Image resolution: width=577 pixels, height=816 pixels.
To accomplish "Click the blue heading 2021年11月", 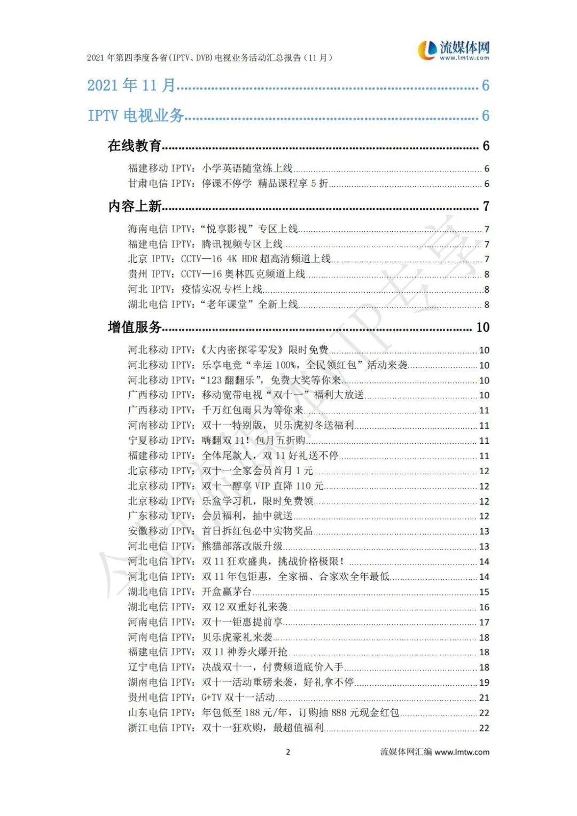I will point(131,85).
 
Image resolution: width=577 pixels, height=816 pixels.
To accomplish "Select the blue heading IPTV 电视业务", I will point(136,115).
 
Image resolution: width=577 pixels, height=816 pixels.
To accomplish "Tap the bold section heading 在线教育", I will point(134,146).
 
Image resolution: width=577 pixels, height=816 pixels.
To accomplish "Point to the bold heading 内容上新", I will point(135,206).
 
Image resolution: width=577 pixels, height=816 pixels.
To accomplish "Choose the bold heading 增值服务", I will point(135,327).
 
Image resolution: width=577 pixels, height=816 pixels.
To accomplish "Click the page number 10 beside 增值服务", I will point(483,327).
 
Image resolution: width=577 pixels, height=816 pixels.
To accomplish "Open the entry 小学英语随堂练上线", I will point(247,168).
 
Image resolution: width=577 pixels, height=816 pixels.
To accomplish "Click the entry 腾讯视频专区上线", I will point(242,244).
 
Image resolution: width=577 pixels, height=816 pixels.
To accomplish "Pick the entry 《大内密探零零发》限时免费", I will point(264,350).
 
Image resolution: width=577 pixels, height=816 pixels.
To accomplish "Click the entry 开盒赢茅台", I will point(227,592).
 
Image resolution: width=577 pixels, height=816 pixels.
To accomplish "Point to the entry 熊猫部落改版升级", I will point(242,546).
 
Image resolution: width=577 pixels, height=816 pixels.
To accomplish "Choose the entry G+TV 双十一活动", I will point(238,697).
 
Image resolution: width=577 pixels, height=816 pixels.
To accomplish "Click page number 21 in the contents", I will point(484,698).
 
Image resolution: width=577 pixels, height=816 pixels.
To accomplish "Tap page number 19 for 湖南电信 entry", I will point(484,682).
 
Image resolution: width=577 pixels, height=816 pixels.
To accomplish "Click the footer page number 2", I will point(288,752).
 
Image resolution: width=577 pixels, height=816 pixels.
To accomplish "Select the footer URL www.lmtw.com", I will point(462,752).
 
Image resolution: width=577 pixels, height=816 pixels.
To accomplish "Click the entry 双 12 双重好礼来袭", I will point(245,607).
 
